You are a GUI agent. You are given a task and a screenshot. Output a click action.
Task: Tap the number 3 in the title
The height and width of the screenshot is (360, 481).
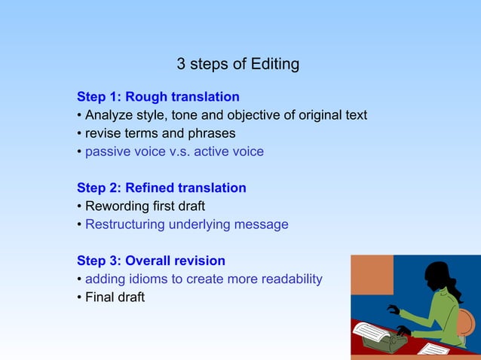(180, 64)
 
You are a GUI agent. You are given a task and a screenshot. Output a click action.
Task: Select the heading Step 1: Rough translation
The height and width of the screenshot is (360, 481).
(158, 97)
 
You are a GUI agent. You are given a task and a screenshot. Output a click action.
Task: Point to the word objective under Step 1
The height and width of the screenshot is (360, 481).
(251, 115)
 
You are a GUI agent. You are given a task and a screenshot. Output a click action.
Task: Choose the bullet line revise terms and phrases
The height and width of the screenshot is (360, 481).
(160, 133)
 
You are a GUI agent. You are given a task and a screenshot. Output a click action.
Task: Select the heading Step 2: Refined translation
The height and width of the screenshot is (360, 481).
(161, 188)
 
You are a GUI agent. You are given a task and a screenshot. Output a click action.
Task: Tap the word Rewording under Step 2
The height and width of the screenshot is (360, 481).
(117, 206)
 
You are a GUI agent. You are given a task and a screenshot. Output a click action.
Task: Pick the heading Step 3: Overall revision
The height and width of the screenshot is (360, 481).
(151, 261)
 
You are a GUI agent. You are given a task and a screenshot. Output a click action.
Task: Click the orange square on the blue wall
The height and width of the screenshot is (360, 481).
(372, 274)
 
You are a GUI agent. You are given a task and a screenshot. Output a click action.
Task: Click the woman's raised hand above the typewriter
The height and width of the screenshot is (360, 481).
(393, 308)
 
